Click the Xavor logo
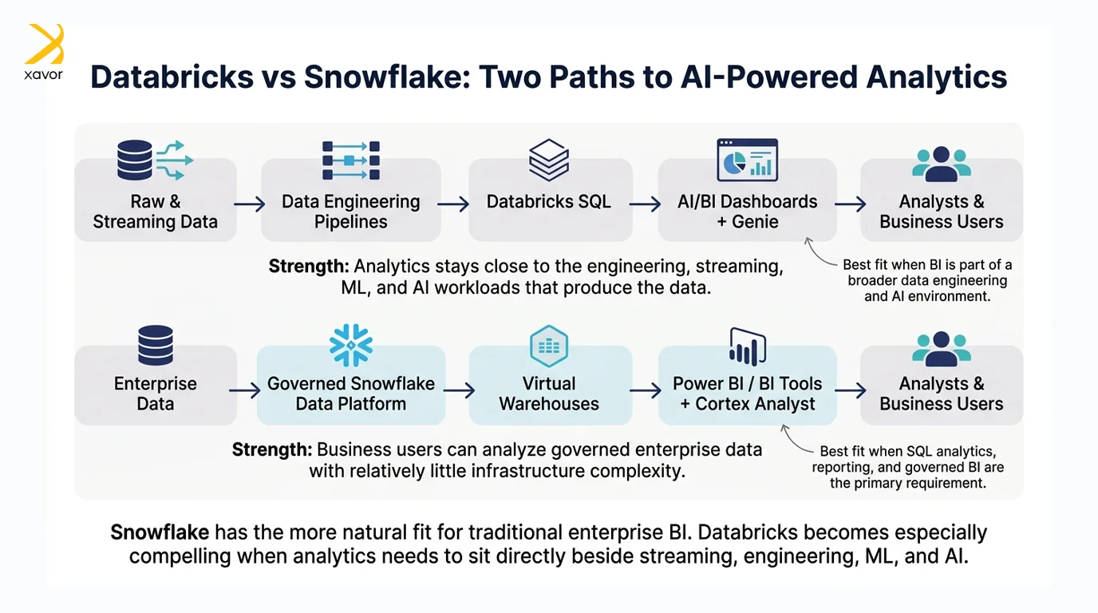[44, 52]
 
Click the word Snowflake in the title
[387, 77]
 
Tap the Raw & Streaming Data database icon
[135, 160]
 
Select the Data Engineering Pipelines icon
[351, 160]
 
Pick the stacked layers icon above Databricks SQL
[549, 160]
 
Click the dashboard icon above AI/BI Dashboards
[747, 160]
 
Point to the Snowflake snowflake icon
[351, 346]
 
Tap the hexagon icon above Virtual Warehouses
[549, 346]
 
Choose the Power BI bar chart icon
[748, 346]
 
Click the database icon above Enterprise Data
[156, 346]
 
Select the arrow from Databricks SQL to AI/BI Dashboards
[645, 204]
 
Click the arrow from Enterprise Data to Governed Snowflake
[245, 390]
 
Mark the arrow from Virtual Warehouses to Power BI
[646, 390]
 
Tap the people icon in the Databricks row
[941, 164]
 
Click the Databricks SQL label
[548, 202]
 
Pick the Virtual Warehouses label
[549, 394]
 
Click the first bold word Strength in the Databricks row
[309, 267]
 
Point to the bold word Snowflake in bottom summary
[160, 532]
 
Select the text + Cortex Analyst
[748, 404]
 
